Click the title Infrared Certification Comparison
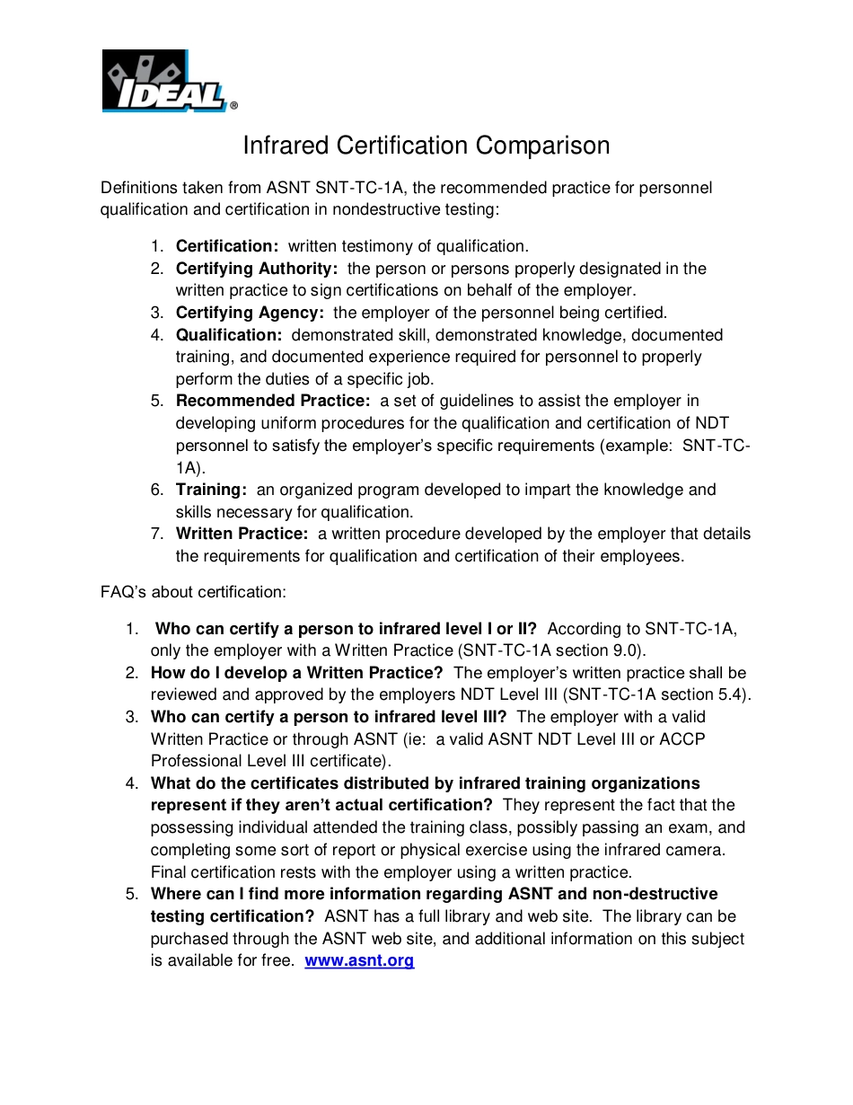tap(426, 146)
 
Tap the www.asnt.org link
tap(359, 960)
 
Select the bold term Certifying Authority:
tap(257, 269)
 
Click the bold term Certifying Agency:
tap(250, 313)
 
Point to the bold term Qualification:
tap(229, 335)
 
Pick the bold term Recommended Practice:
tap(273, 401)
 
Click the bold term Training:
tap(211, 490)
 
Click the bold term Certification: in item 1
tap(227, 246)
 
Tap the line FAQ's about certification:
tap(194, 592)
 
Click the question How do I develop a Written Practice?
tap(297, 673)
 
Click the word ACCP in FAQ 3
tap(682, 738)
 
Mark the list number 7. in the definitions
tap(157, 534)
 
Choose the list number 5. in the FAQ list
tap(132, 894)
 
